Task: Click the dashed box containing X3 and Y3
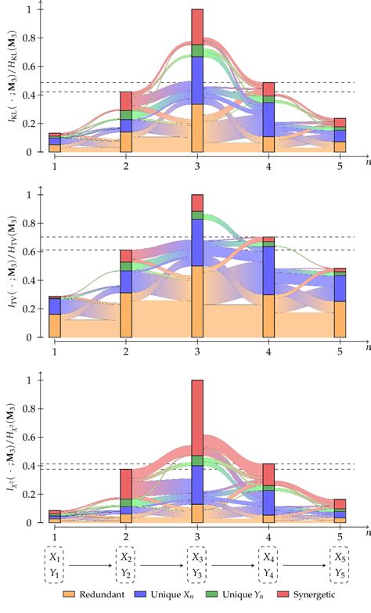click(x=197, y=562)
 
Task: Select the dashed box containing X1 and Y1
click(x=54, y=562)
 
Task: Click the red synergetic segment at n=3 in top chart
click(x=197, y=26)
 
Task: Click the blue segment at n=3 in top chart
click(x=197, y=80)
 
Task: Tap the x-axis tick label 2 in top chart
click(x=125, y=164)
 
